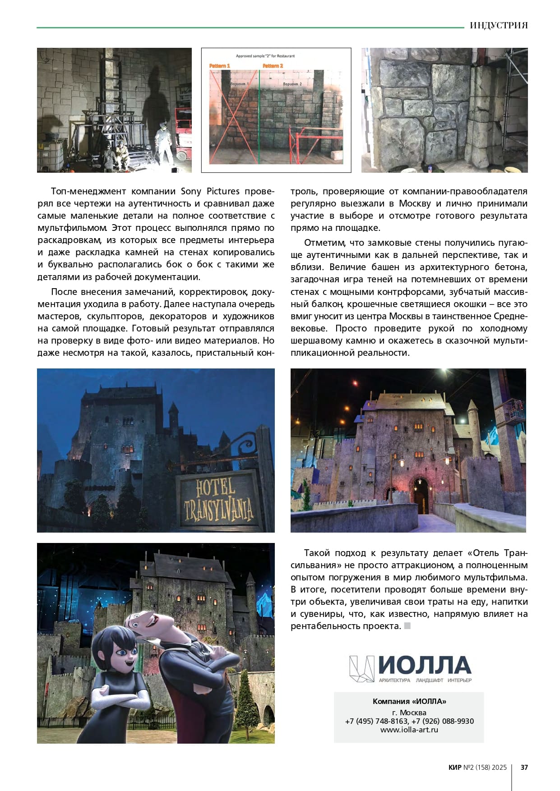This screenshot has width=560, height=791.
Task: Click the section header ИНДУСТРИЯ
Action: tap(498, 25)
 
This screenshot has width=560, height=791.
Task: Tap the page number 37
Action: tap(524, 767)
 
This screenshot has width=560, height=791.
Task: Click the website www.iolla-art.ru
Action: tap(409, 730)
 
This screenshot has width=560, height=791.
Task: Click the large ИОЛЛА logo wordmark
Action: tap(424, 665)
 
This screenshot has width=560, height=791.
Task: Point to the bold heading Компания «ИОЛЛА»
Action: tap(409, 701)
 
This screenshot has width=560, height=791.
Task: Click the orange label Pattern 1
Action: tap(220, 66)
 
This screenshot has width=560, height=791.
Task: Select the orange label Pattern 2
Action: tap(273, 66)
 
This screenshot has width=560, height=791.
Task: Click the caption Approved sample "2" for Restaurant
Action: tap(265, 56)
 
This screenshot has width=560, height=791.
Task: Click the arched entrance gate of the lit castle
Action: tap(421, 496)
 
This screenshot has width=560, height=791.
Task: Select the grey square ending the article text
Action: tap(407, 626)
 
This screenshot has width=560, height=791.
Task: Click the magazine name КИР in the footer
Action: tap(455, 767)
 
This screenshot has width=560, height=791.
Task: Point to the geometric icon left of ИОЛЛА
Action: tap(362, 668)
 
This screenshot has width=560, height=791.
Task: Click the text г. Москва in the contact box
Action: tap(409, 713)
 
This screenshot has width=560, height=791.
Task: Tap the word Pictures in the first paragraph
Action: tap(223, 191)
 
